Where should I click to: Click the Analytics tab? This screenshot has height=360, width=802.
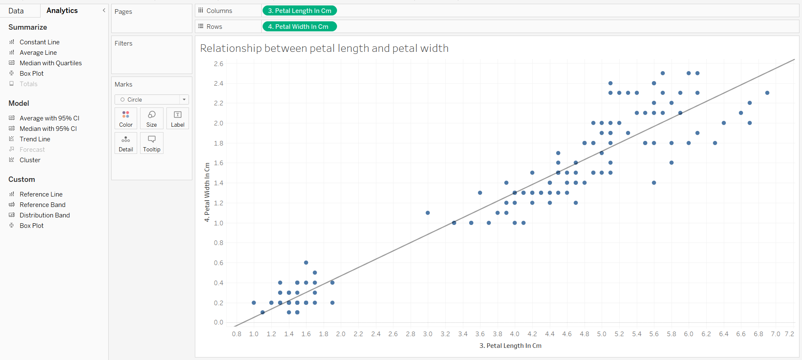coord(62,10)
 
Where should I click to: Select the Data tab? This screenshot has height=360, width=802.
coord(16,11)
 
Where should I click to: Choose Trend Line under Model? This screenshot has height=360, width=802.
coord(35,139)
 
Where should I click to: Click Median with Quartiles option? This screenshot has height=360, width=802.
coord(51,63)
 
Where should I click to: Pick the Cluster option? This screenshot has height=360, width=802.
coord(30,160)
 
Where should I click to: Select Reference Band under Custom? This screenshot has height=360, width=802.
coord(42,205)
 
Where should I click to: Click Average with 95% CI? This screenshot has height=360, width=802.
coord(49,118)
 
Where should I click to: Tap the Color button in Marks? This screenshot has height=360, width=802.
coord(126,119)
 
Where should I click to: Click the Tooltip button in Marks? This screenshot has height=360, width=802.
coord(151,143)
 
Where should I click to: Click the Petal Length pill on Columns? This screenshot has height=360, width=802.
coord(299,11)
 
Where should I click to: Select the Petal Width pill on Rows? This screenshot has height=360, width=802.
coord(299,27)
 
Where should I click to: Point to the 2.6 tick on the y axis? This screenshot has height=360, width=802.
coord(218,64)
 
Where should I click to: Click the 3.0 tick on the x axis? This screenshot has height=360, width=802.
coord(428,334)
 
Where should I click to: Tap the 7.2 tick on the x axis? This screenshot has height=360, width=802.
coord(789,334)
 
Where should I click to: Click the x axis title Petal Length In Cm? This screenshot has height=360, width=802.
coord(510,346)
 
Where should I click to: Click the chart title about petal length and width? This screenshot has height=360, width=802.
coord(324,49)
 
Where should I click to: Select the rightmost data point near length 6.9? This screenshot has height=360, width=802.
coord(767,93)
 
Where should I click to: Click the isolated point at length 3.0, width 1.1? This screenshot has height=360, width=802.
coord(428,213)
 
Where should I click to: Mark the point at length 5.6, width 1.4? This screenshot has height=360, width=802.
coord(654,183)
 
